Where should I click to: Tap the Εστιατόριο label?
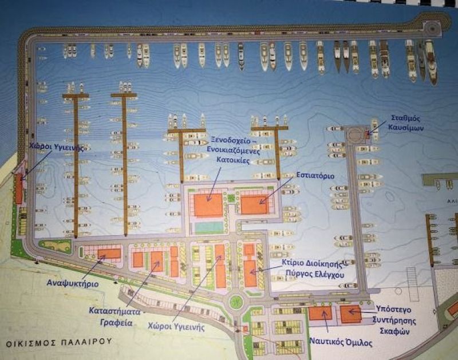pyautogui.click(x=316, y=175)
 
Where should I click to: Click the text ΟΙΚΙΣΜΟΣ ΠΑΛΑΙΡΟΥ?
pyautogui.click(x=57, y=344)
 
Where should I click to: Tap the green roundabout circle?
pyautogui.click(x=234, y=302)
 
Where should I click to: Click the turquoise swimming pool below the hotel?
pyautogui.click(x=209, y=227)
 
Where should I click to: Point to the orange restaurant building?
pyautogui.click(x=254, y=204)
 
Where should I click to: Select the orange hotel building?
pyautogui.click(x=208, y=205)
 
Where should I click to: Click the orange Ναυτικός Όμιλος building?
pyautogui.click(x=321, y=314)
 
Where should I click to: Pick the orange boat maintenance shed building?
pyautogui.click(x=350, y=314)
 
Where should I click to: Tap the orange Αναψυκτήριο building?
pyautogui.click(x=109, y=254)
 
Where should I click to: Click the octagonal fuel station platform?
pyautogui.click(x=357, y=134)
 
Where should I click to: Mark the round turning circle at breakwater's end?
pyautogui.click(x=432, y=26)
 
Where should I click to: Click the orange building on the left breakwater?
pyautogui.click(x=19, y=191)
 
